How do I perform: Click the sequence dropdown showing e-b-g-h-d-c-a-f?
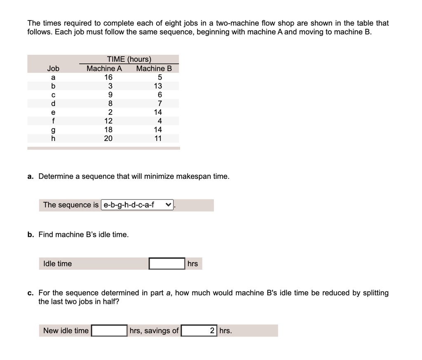pyautogui.click(x=137, y=205)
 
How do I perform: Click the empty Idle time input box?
pyautogui.click(x=166, y=264)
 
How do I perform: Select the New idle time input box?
pyautogui.click(x=109, y=330)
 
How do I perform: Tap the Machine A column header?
pyautogui.click(x=104, y=68)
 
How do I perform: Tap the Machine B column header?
pyautogui.click(x=154, y=68)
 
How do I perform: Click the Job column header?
pyautogui.click(x=53, y=68)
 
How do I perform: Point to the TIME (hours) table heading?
pyautogui.click(x=129, y=59)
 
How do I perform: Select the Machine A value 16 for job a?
pyautogui.click(x=108, y=77)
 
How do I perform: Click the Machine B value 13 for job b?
pyautogui.click(x=158, y=86)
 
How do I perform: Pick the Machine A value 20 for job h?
pyautogui.click(x=108, y=138)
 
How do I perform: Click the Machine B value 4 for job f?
pyautogui.click(x=160, y=121)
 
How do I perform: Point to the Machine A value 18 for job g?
pyautogui.click(x=108, y=130)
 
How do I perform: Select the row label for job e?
pyautogui.click(x=53, y=112)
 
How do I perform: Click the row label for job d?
pyautogui.click(x=53, y=103)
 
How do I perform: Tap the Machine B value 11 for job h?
pyautogui.click(x=158, y=138)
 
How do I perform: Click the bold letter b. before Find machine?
pyautogui.click(x=30, y=234)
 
